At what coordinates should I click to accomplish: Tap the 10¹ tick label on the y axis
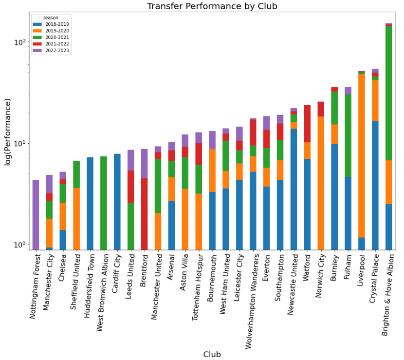[x=19, y=144]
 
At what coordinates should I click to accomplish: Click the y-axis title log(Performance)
[x=8, y=132]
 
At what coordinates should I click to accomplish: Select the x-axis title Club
[x=212, y=354]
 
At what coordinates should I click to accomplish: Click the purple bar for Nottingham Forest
[x=36, y=214]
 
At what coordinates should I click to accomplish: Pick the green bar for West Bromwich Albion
[x=104, y=203]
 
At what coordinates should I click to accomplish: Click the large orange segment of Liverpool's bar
[x=362, y=156]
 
